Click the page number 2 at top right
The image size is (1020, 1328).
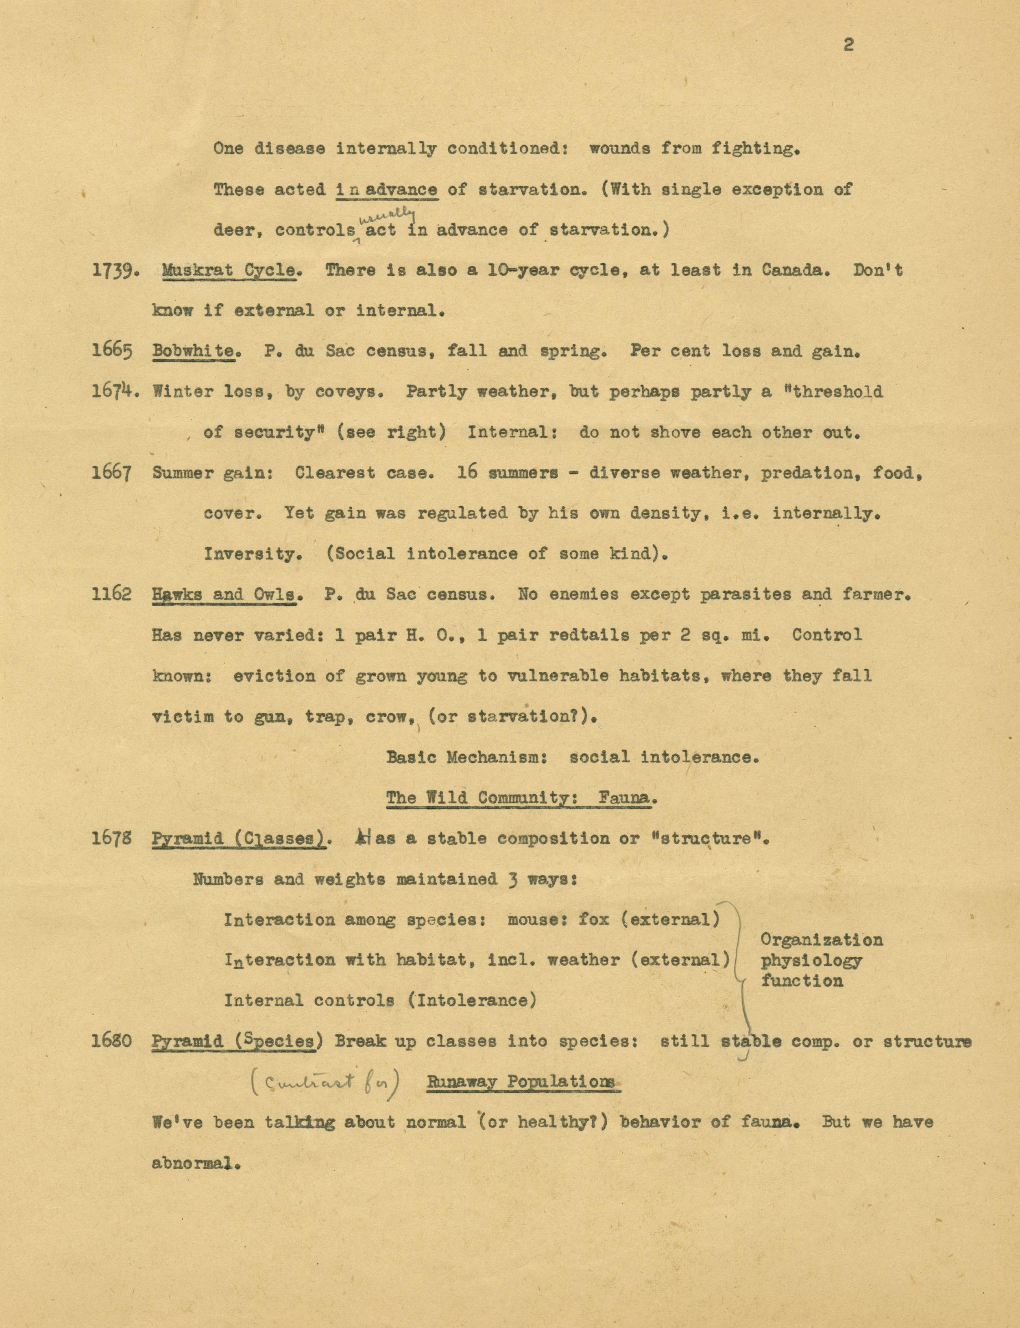[x=849, y=44]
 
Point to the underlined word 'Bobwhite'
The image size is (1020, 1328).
[x=194, y=351]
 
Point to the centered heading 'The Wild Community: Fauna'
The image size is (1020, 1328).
[x=521, y=797]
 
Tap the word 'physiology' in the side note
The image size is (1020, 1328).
[x=811, y=961]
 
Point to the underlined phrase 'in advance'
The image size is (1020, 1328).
[x=386, y=190]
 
